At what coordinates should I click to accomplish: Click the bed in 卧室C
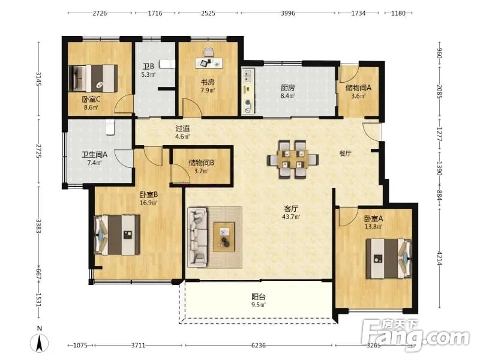(93, 78)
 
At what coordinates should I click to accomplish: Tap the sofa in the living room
(197, 236)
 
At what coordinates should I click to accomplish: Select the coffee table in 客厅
(224, 237)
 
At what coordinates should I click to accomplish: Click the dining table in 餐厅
(293, 159)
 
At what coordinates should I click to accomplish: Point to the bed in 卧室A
(389, 259)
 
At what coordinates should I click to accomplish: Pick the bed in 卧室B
(117, 235)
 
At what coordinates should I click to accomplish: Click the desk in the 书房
(209, 63)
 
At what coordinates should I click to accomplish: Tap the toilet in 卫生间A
(110, 127)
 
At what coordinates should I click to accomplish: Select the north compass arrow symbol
(40, 343)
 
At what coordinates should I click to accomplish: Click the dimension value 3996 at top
(288, 13)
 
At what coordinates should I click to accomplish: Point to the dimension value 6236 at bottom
(259, 346)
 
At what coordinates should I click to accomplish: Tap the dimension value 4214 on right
(439, 258)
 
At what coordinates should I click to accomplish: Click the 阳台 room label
(259, 296)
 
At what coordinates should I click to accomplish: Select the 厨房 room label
(288, 88)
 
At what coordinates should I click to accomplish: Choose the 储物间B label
(201, 163)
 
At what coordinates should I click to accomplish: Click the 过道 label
(182, 128)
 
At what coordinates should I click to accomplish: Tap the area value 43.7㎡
(291, 217)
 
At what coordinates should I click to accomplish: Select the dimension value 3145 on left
(39, 79)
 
